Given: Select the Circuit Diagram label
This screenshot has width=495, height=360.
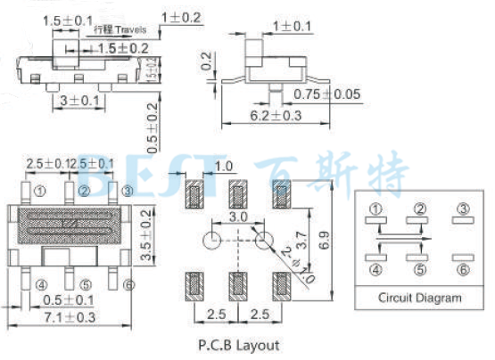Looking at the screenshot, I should (x=420, y=299).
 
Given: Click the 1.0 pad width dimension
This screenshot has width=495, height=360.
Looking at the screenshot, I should (x=223, y=167).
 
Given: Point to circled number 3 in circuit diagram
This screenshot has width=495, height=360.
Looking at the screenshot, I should (x=463, y=209).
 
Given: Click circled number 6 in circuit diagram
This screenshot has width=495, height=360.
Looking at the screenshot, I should (x=463, y=270).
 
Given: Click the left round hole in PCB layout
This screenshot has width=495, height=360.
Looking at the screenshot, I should (x=210, y=241).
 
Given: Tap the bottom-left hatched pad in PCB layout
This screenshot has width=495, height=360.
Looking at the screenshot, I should (x=194, y=286).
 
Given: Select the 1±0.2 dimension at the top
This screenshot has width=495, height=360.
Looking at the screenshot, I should (x=181, y=17).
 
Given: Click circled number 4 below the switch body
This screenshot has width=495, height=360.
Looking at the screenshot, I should (x=40, y=285).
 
